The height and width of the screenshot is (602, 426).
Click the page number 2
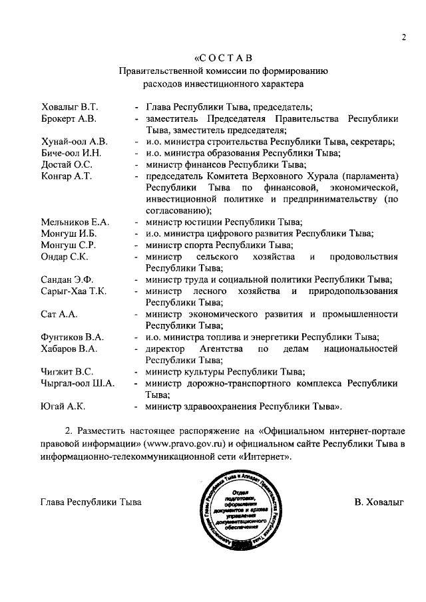[x=403, y=37]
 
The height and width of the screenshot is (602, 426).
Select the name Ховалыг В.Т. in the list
[x=69, y=106]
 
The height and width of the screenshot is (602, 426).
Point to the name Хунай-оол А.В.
[x=73, y=142]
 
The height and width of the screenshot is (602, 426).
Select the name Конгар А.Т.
[x=66, y=176]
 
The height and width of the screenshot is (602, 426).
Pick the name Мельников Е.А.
[x=75, y=222]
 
